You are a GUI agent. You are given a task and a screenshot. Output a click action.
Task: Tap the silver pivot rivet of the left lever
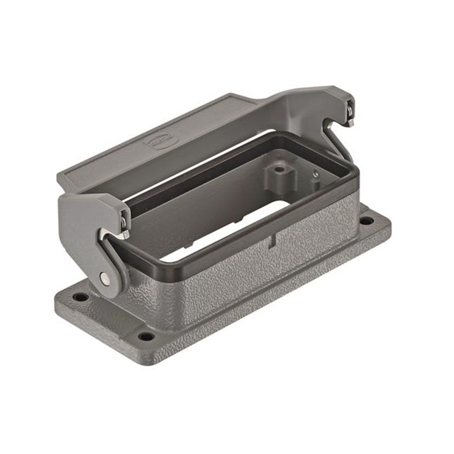106,279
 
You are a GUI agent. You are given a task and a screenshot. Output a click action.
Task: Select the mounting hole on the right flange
365,221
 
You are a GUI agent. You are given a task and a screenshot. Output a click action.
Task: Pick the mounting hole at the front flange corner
146,336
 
